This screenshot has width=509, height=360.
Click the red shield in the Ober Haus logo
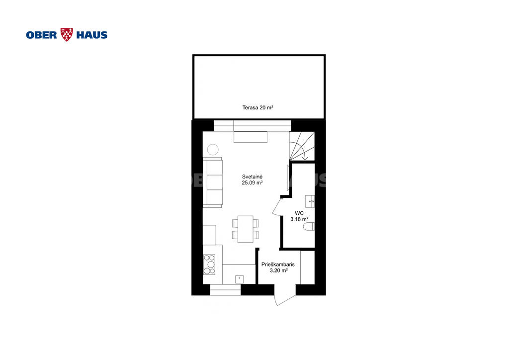pyautogui.click(x=67, y=35)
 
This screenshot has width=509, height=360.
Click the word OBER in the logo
pyautogui.click(x=42, y=35)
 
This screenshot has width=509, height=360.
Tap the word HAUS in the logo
pyautogui.click(x=92, y=35)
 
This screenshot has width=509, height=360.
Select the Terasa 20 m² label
pyautogui.click(x=258, y=107)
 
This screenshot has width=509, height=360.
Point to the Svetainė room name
pyautogui.click(x=252, y=177)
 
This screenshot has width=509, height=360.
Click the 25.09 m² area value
pyautogui.click(x=252, y=183)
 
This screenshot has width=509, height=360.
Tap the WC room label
pyautogui.click(x=299, y=213)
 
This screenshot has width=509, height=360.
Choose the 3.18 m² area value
pyautogui.click(x=299, y=219)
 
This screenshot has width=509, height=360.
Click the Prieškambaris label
pyautogui.click(x=278, y=265)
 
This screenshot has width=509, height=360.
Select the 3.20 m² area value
pyautogui.click(x=279, y=270)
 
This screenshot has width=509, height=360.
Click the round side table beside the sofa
pyautogui.click(x=213, y=150)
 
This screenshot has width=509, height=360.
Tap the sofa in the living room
pyautogui.click(x=213, y=182)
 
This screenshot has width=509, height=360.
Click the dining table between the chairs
pyautogui.click(x=246, y=229)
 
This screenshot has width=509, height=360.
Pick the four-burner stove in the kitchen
pyautogui.click(x=209, y=265)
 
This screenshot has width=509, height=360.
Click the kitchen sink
pyautogui.click(x=240, y=279)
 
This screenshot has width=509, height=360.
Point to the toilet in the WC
pyautogui.click(x=309, y=227)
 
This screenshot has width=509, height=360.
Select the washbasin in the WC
pyautogui.click(x=310, y=201)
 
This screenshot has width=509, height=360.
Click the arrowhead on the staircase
pyautogui.click(x=305, y=159)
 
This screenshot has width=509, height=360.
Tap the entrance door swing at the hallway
pyautogui.click(x=285, y=295)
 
